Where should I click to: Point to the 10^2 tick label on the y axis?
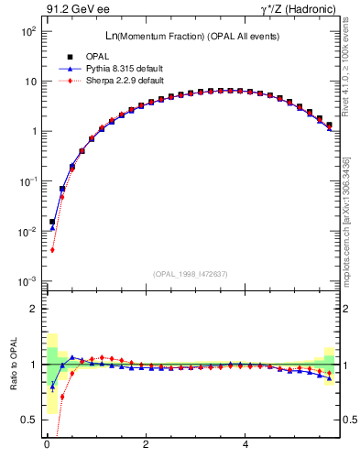coord(27,31)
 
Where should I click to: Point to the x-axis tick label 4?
coord(245,445)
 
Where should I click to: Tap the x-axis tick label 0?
coord(46,445)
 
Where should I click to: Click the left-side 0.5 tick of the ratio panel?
coord(28,420)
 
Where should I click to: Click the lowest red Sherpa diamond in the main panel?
coord(52,249)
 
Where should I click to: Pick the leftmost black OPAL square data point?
coord(52,222)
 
